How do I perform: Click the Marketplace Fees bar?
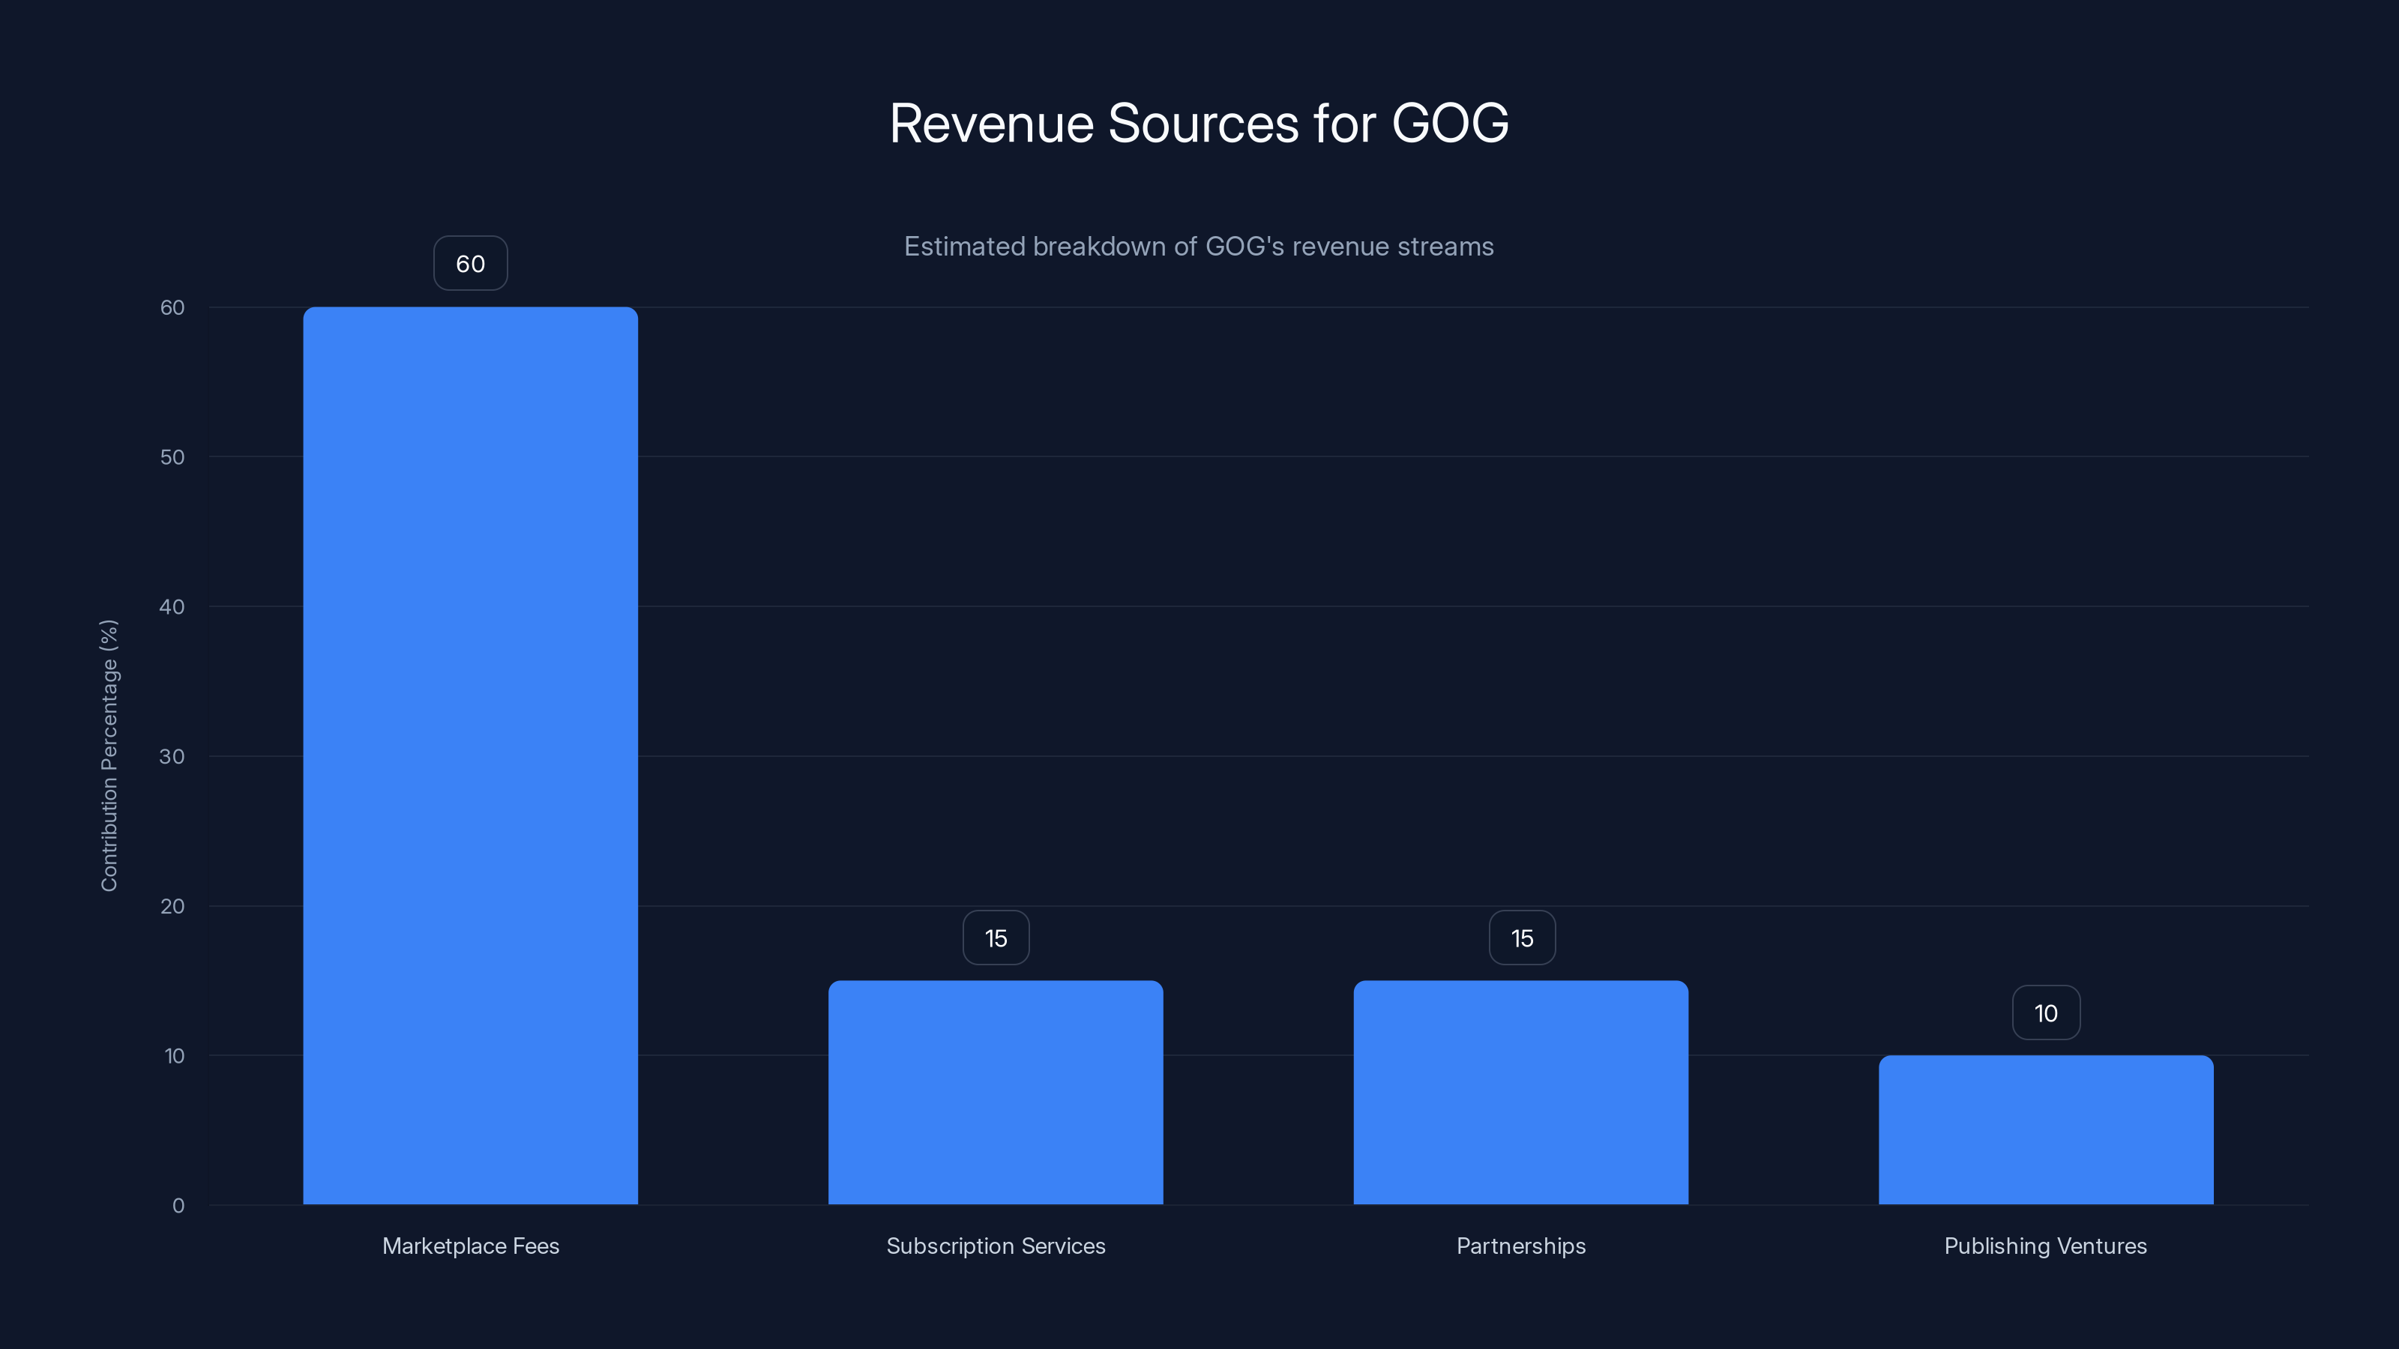coord(470,755)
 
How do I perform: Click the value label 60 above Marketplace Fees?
coord(470,264)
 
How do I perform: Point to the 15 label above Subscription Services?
coord(996,938)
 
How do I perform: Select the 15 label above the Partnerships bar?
coord(1522,938)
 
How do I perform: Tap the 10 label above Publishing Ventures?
coord(2046,1013)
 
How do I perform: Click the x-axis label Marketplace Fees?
coord(470,1246)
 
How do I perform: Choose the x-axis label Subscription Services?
coord(996,1246)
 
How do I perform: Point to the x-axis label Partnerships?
coord(1521,1246)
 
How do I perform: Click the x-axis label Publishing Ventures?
coord(2045,1246)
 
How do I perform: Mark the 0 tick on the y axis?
coord(178,1206)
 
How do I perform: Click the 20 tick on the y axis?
coord(172,906)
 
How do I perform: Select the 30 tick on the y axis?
coord(172,756)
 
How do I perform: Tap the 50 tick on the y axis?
coord(172,457)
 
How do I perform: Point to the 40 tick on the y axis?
coord(172,607)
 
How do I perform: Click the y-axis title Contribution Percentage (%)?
coord(109,755)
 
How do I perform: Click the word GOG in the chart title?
coord(1449,123)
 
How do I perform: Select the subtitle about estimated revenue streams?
coord(1199,247)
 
